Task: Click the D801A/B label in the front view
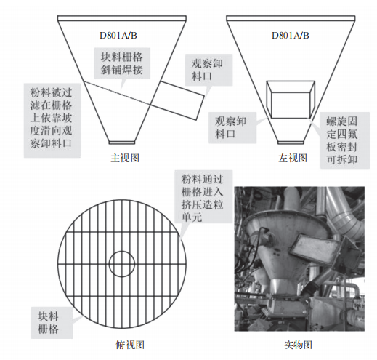(x=118, y=36)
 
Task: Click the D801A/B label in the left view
(x=291, y=36)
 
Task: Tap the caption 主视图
(x=125, y=158)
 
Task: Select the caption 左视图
(x=293, y=158)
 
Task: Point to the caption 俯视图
(x=130, y=345)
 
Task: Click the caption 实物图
(x=299, y=345)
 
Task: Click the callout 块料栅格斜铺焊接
(x=122, y=63)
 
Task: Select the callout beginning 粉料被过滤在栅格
(x=52, y=121)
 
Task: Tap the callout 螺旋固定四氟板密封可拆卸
(x=344, y=140)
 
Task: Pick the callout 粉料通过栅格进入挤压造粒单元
(x=203, y=196)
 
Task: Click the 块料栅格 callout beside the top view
(x=52, y=323)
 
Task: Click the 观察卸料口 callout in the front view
(x=208, y=70)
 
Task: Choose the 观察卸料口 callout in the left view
(x=232, y=127)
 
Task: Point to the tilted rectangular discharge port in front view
(x=178, y=100)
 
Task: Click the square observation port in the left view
(x=291, y=100)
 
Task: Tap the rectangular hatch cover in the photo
(x=314, y=249)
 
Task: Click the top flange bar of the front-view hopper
(x=122, y=18)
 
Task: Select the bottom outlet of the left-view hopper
(x=291, y=143)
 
